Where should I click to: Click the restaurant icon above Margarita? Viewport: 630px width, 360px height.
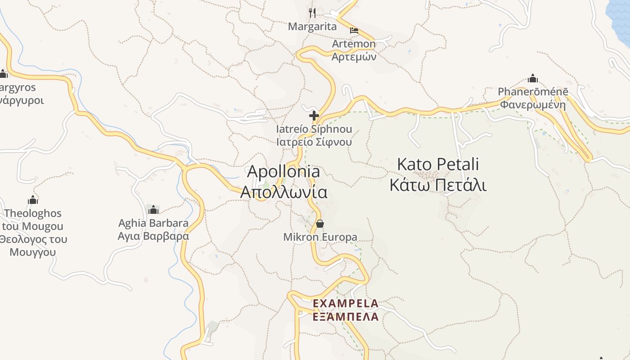[312, 13]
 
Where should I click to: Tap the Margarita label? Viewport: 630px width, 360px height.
[312, 27]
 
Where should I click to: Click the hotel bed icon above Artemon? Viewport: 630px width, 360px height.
[354, 31]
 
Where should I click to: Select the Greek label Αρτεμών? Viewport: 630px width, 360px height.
[354, 57]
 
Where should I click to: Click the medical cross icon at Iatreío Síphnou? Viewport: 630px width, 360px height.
[314, 116]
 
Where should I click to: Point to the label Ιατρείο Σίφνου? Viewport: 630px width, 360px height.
[314, 142]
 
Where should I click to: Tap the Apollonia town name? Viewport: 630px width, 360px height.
[284, 171]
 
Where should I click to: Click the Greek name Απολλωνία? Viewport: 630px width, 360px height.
[284, 192]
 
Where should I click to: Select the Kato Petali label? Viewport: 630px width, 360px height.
[438, 165]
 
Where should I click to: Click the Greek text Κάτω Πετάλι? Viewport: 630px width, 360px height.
[438, 185]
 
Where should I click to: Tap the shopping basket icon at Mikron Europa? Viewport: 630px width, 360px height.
[320, 224]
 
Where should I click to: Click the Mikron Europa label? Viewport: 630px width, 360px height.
[320, 237]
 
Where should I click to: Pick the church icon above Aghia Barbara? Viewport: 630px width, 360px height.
[153, 210]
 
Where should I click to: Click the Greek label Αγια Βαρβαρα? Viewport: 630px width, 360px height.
[153, 236]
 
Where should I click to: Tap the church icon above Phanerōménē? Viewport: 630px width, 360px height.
[533, 79]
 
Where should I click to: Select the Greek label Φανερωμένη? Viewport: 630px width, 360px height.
[533, 105]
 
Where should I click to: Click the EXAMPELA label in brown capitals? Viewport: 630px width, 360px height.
[346, 303]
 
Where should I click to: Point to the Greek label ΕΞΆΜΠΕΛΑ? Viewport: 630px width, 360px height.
[346, 317]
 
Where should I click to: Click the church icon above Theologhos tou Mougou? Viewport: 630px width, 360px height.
[33, 200]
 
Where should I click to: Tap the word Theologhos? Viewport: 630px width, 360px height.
[33, 213]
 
